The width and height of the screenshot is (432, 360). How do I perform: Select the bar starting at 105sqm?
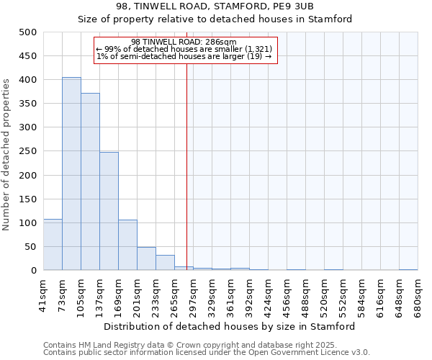[x=90, y=181]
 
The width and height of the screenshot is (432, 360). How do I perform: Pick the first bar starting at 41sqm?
[x=53, y=245]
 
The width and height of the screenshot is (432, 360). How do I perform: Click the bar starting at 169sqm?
[x=127, y=245]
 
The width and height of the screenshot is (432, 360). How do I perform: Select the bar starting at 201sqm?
[x=146, y=258]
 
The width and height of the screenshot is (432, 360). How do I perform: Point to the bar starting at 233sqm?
[x=165, y=263]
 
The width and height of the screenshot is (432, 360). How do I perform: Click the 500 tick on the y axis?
[x=28, y=32]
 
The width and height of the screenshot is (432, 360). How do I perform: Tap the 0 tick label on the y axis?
[x=34, y=271]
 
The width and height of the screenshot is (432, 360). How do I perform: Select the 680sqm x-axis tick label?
[x=418, y=296]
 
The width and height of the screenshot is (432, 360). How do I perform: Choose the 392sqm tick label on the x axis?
[x=249, y=296]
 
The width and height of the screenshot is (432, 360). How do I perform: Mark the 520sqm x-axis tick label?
[x=324, y=296]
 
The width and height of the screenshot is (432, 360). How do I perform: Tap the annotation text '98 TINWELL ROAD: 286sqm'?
[x=184, y=42]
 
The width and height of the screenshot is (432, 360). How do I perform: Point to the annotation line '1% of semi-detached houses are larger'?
[x=184, y=56]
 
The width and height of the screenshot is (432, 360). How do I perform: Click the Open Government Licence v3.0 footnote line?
[x=207, y=352]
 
